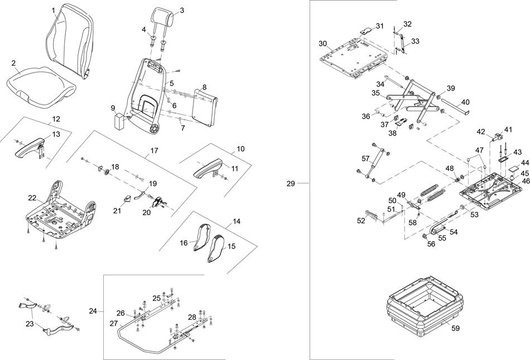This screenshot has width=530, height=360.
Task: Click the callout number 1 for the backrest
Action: click(x=52, y=10)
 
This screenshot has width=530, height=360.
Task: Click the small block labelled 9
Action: click(x=120, y=121)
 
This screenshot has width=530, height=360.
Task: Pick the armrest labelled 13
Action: click(x=29, y=147)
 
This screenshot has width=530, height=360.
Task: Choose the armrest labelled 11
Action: click(x=209, y=168)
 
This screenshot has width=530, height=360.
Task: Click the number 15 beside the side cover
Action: click(x=232, y=246)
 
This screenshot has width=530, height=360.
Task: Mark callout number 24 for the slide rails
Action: click(x=93, y=310)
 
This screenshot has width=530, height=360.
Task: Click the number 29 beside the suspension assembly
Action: click(x=290, y=183)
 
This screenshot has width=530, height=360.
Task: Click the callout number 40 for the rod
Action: click(x=466, y=102)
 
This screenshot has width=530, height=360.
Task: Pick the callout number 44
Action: click(x=525, y=162)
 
